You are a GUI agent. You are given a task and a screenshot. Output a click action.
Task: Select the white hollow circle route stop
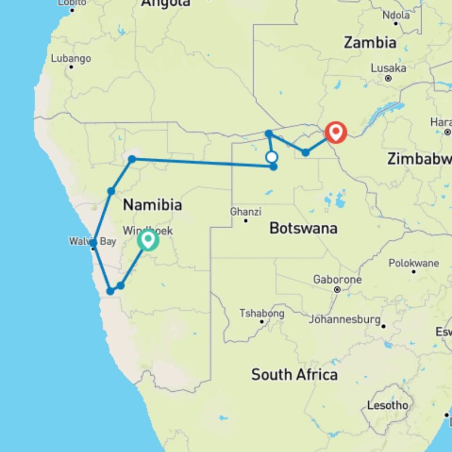point(272,157)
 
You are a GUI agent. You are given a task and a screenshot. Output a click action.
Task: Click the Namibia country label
point(152,205)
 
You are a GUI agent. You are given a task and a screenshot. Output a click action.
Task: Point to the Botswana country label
point(303,228)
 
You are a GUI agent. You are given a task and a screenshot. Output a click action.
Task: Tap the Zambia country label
point(370,42)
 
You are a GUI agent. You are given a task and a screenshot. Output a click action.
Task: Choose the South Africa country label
point(294,375)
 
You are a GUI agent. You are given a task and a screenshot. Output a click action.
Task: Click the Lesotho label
point(387,405)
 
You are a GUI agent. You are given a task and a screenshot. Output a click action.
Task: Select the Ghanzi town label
point(245,211)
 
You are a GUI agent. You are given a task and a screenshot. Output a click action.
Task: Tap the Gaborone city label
point(338,280)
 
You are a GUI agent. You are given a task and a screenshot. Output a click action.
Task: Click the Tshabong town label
point(262,313)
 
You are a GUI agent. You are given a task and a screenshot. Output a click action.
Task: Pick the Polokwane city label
point(413,263)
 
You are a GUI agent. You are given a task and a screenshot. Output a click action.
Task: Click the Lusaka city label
point(388,68)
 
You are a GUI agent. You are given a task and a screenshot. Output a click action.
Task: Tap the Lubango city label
point(71,59)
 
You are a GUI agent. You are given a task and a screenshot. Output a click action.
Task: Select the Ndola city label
point(396,15)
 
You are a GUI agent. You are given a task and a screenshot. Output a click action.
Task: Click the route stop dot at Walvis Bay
point(93,243)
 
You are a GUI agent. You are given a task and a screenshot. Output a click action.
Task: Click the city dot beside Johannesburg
point(384,326)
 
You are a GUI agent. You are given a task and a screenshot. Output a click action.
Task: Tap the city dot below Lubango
point(71,67)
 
